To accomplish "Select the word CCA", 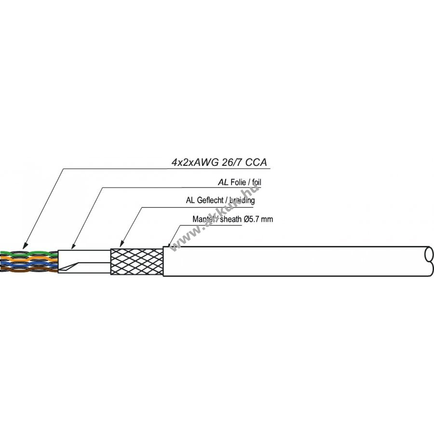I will click(257, 163).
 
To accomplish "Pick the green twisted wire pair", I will click(29, 253).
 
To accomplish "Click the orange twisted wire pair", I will click(29, 258).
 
